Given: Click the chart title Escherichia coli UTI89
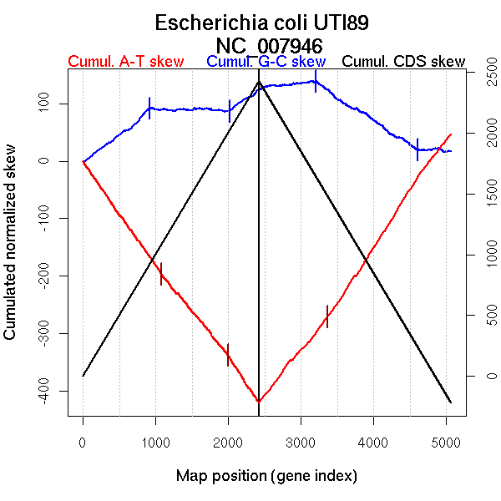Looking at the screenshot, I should click(x=261, y=23).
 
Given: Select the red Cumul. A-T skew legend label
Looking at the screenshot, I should click(x=125, y=63).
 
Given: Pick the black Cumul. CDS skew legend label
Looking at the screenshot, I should click(x=403, y=63).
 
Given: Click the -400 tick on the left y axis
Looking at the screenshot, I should click(x=52, y=391).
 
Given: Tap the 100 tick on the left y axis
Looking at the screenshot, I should click(x=52, y=104).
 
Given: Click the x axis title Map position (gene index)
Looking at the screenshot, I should click(x=266, y=477).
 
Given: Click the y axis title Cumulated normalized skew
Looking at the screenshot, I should click(x=11, y=250).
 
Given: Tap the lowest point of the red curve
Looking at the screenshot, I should click(x=259, y=402).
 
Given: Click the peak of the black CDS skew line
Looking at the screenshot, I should click(x=259, y=82).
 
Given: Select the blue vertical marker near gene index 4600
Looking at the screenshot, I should click(x=417, y=149).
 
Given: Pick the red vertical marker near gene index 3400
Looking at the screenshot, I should click(x=327, y=316).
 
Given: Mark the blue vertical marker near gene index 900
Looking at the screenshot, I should click(x=149, y=109).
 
